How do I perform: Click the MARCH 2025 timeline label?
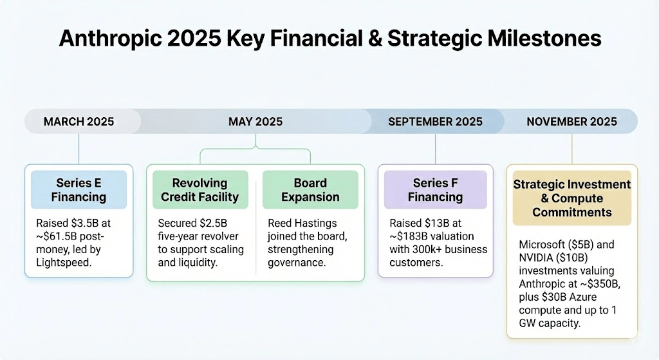click(x=79, y=122)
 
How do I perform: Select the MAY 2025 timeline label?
click(x=255, y=122)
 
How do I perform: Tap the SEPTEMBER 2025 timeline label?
click(x=436, y=122)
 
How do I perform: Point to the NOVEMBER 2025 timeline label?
click(x=571, y=122)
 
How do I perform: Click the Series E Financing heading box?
click(x=79, y=190)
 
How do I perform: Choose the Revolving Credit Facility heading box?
click(x=200, y=190)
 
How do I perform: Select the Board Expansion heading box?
click(x=311, y=190)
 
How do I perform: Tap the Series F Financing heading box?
click(x=436, y=190)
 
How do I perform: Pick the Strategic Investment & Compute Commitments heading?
click(x=572, y=198)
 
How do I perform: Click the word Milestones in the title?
click(x=544, y=38)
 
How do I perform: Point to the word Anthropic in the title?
click(x=110, y=38)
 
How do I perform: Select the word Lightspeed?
click(x=64, y=262)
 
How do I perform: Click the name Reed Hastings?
click(x=302, y=223)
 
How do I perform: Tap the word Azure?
click(x=582, y=297)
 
